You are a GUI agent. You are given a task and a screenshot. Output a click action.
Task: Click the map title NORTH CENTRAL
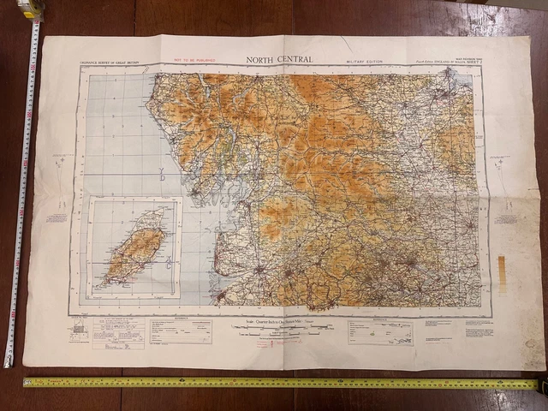pos(279,59)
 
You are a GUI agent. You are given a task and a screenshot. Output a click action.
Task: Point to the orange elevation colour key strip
pos(503,274)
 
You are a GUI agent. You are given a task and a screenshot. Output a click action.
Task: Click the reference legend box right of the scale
pos(379,332)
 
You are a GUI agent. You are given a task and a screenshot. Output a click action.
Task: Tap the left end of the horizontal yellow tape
pos(27,383)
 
